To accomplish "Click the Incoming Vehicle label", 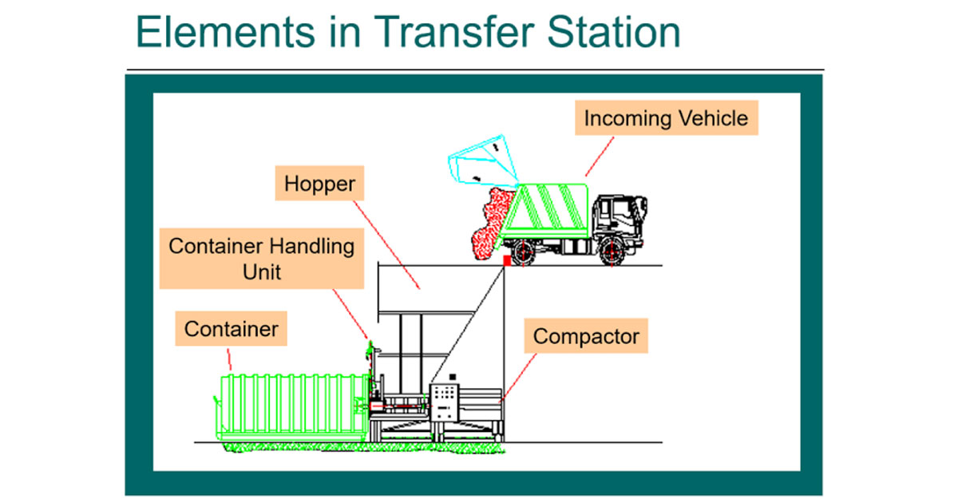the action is tap(667, 118).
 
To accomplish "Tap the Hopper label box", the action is tap(319, 183).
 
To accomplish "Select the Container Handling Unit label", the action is tap(262, 259).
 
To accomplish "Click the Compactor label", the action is tap(586, 335).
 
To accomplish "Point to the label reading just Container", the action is tap(231, 328).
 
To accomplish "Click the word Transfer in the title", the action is tap(454, 32).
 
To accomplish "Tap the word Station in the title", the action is tap(614, 32).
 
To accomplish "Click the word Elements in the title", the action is tap(225, 32).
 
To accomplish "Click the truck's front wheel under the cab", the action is tap(612, 251).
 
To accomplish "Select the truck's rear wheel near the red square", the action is tap(524, 252).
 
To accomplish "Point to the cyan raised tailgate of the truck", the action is tap(483, 160).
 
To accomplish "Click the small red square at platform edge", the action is tap(507, 260).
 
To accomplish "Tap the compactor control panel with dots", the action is tap(445, 402).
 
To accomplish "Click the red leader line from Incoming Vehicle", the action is tap(600, 156).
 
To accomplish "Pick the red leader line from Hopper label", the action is tap(386, 245).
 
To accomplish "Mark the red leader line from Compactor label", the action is tap(518, 378).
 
